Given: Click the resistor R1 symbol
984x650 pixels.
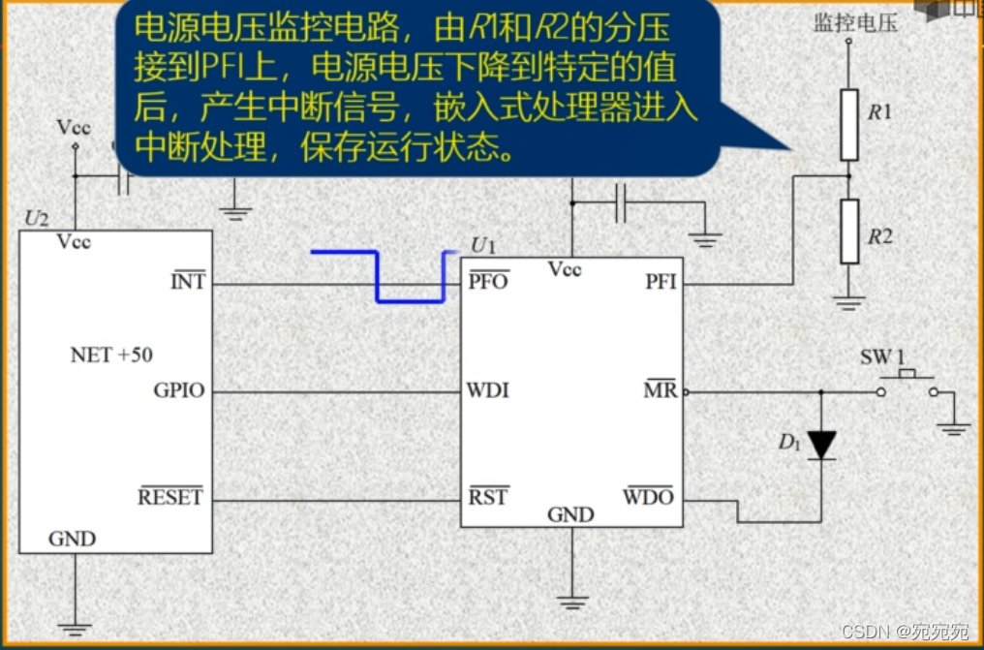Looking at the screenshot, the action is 849,124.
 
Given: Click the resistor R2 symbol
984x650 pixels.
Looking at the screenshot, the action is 849,232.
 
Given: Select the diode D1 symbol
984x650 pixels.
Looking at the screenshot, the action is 821,445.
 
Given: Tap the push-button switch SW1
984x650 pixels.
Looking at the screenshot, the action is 908,383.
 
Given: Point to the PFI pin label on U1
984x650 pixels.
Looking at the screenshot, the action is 661,283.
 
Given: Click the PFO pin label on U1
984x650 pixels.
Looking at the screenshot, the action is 488,282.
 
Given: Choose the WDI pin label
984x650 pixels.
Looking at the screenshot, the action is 488,391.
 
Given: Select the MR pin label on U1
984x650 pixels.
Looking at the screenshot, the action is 661,391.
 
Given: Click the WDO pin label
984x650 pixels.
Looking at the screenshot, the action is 648,498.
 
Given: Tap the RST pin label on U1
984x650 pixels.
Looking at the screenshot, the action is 489,498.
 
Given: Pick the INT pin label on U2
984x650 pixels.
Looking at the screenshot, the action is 188,283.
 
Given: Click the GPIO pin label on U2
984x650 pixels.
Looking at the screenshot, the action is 179,391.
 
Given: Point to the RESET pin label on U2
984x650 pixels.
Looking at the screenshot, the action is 170,498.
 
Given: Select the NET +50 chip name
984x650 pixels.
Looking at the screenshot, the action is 111,356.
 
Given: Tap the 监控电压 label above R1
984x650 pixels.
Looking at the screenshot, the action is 855,22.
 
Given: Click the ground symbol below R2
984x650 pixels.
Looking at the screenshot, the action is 849,302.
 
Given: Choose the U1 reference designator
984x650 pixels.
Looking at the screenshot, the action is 482,244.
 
